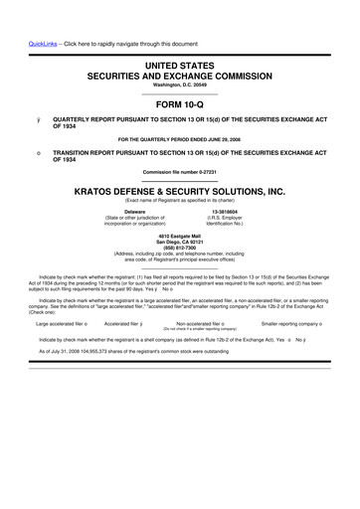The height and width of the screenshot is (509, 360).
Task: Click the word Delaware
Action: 135,212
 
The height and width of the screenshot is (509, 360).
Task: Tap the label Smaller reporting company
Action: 297,323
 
